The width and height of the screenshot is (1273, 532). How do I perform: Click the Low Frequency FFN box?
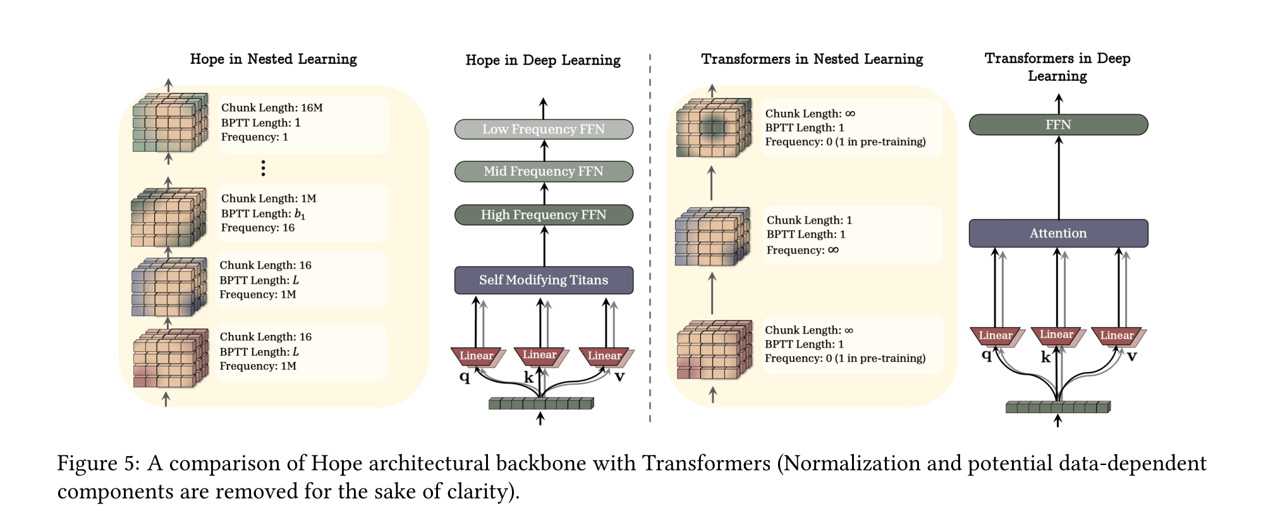click(544, 129)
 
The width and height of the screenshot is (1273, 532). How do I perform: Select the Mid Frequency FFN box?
click(544, 171)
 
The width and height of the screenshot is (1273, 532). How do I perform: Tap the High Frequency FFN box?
click(544, 215)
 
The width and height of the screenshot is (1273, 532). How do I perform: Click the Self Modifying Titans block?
click(544, 280)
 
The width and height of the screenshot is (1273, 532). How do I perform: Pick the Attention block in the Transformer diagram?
click(1058, 233)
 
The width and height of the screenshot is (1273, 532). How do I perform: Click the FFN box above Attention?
click(1058, 124)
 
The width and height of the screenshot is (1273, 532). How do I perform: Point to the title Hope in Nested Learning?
click(273, 59)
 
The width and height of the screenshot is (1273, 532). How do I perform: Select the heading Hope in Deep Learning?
click(543, 60)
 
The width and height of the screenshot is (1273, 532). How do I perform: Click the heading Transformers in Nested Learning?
click(812, 59)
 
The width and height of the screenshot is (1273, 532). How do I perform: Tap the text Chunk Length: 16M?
click(272, 107)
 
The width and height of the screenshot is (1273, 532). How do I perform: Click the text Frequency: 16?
click(258, 227)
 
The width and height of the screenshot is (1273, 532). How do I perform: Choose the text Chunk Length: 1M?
click(269, 198)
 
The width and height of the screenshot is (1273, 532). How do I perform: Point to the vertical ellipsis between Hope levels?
click(263, 168)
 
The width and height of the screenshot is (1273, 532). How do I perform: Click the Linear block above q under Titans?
click(476, 356)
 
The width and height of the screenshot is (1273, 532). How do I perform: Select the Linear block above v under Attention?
click(1116, 336)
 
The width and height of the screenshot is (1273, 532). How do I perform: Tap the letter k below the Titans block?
click(528, 377)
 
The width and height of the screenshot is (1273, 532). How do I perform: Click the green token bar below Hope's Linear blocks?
click(540, 403)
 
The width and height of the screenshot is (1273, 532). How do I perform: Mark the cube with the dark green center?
click(713, 128)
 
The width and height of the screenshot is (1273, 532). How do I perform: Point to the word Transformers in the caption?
click(706, 464)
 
